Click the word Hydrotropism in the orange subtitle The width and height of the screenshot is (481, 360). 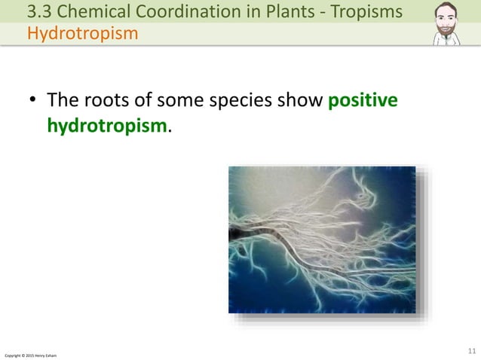[83, 34]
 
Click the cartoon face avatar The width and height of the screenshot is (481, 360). [449, 23]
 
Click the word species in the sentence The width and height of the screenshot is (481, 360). [228, 101]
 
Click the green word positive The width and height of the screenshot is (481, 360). [363, 101]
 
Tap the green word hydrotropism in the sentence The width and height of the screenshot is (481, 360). [106, 125]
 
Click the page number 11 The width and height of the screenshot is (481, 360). [473, 351]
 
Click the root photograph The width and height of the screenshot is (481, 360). [322, 239]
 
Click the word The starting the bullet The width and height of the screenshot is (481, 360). [63, 101]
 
